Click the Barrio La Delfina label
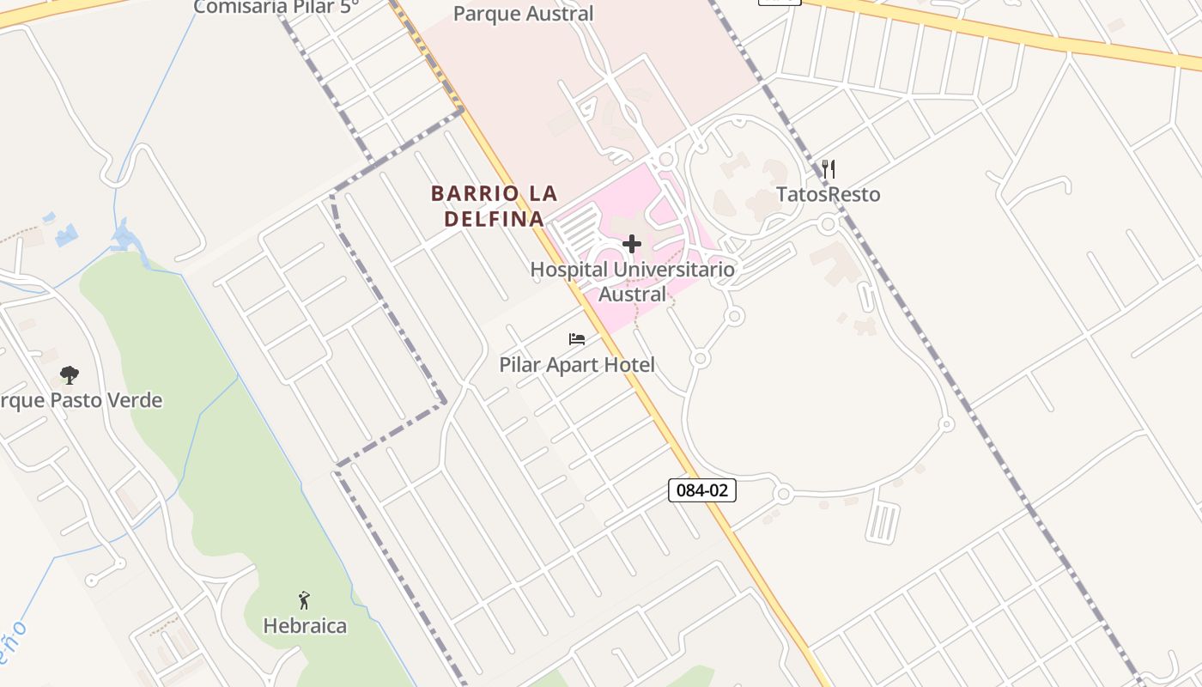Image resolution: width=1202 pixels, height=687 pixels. coord(495,205)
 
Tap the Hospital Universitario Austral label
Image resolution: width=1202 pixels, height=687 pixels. coord(632,282)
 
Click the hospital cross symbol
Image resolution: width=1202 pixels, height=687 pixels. coord(632,244)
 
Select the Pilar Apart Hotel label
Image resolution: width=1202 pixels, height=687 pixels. coord(577,365)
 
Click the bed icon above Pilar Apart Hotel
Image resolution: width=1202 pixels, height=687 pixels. coord(577,339)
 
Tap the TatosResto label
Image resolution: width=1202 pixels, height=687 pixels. coord(828,195)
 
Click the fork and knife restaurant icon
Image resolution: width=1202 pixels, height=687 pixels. coord(828,168)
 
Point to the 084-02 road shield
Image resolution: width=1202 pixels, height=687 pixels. coord(701,491)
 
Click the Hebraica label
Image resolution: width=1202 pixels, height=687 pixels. coord(305,626)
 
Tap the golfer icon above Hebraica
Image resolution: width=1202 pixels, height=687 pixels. coord(304,600)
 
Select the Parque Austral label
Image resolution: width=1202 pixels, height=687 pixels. coord(523,14)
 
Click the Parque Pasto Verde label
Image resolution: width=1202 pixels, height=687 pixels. coord(81,401)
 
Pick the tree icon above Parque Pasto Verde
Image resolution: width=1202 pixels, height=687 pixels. coord(70,375)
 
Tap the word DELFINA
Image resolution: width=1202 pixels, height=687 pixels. coord(495,219)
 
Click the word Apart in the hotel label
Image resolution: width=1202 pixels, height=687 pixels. coord(567,365)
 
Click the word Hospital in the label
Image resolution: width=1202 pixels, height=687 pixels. coord(568,270)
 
